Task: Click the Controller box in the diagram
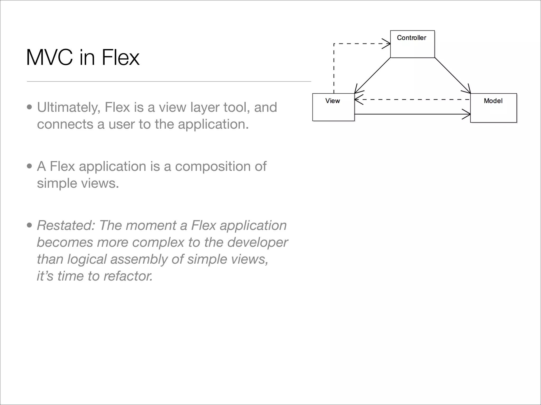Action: pyautogui.click(x=412, y=44)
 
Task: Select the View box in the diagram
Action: pyautogui.click(x=333, y=107)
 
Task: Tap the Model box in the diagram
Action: pyautogui.click(x=493, y=108)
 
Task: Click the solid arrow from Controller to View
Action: pyautogui.click(x=372, y=75)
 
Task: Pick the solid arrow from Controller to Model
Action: pyautogui.click(x=453, y=75)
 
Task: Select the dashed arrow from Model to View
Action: pyautogui.click(x=412, y=100)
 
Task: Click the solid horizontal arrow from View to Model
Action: pyautogui.click(x=412, y=114)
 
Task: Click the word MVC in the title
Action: pyautogui.click(x=49, y=57)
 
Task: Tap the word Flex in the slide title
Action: pyautogui.click(x=120, y=57)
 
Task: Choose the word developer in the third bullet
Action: pyautogui.click(x=257, y=242)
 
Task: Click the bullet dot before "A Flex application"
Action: pyautogui.click(x=30, y=166)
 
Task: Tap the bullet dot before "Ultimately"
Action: pyautogui.click(x=30, y=107)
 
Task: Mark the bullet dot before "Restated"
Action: pyautogui.click(x=30, y=225)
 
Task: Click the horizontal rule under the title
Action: pyautogui.click(x=169, y=81)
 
